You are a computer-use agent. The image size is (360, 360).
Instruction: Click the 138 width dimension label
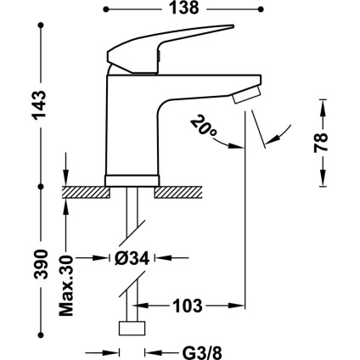(x=184, y=8)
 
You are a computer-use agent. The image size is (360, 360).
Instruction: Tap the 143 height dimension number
(x=38, y=105)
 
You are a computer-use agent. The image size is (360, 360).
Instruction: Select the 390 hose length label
(x=38, y=264)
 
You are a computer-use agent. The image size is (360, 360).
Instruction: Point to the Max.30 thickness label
(x=66, y=285)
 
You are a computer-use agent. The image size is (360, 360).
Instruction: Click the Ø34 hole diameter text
(x=132, y=258)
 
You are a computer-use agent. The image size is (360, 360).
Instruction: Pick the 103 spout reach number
(x=188, y=306)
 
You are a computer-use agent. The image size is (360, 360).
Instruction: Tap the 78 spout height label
(x=320, y=143)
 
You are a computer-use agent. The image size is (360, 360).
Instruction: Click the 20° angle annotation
(x=203, y=126)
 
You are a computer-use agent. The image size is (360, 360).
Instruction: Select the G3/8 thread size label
(x=202, y=353)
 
